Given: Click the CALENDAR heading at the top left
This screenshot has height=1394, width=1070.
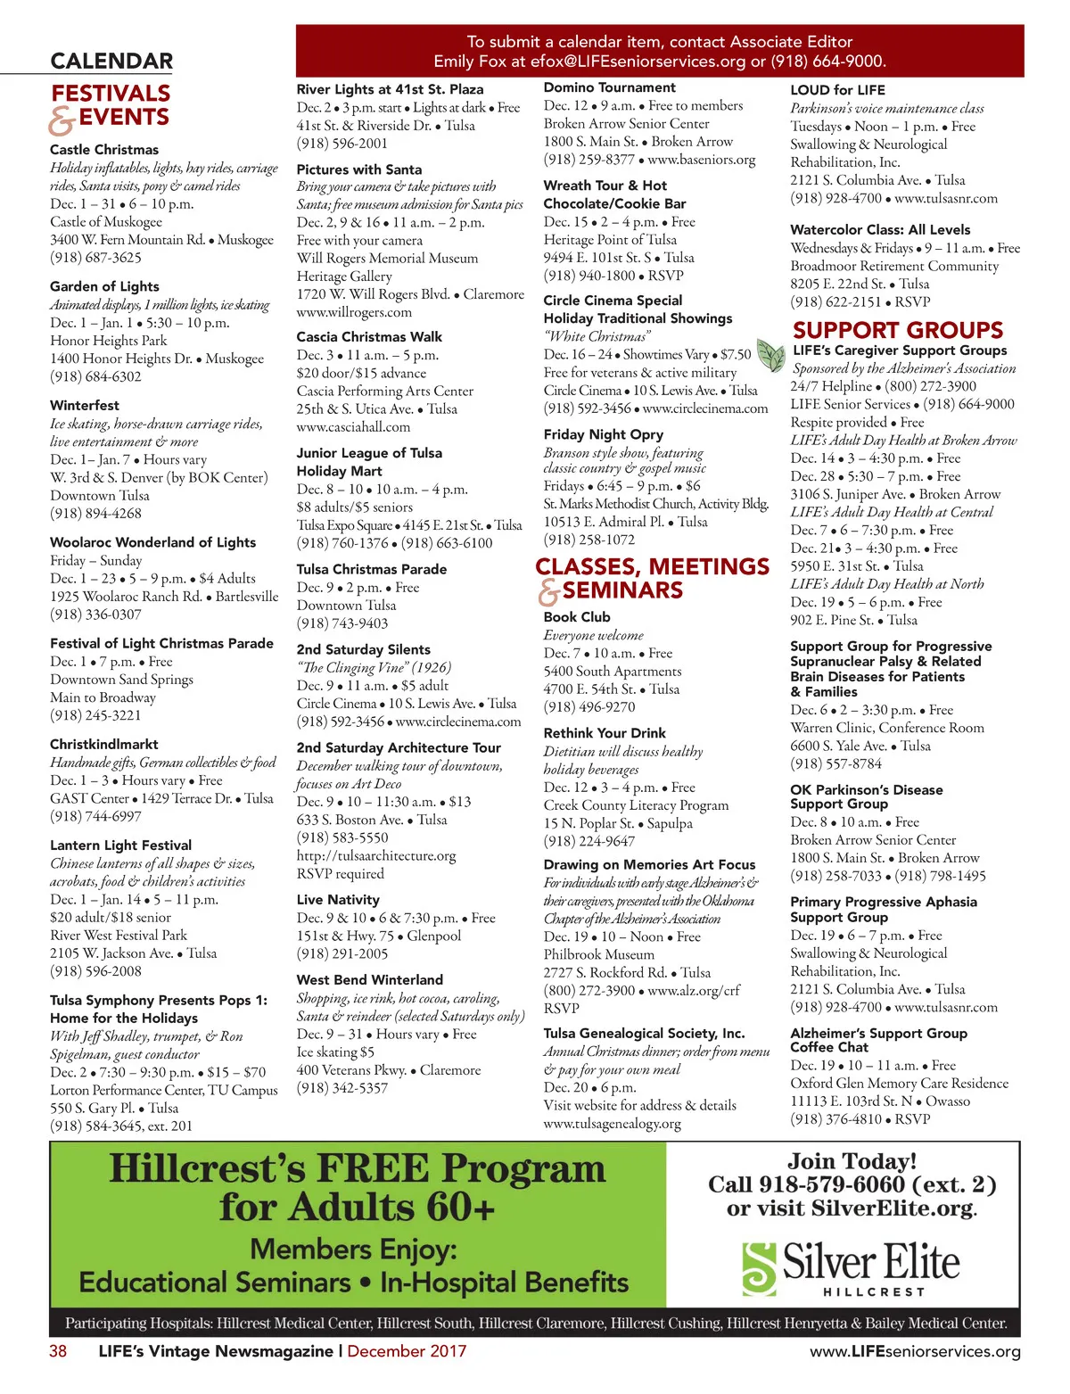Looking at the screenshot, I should pos(111,62).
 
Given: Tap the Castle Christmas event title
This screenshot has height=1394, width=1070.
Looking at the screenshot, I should pos(104,150).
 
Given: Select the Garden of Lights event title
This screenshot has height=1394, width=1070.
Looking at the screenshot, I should pos(104,286).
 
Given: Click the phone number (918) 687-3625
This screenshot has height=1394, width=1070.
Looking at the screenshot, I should pos(95,258).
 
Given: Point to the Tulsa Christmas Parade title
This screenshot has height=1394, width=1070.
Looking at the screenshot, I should pos(372,569).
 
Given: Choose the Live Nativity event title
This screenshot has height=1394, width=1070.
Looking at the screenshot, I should pos(338,900).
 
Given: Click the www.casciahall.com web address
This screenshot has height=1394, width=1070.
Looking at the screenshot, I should pos(354,427).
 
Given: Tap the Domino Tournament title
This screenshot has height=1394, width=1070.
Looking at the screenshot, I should pos(610,87).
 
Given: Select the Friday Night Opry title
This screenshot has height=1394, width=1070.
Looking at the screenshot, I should pos(604,434).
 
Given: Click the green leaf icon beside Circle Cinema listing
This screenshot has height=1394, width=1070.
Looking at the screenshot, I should pos(770,354).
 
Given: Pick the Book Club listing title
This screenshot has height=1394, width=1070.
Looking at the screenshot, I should pos(577,617).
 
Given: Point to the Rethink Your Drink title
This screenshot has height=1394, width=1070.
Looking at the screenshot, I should pos(605,733).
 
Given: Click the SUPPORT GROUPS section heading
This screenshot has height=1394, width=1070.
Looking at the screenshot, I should pos(898,330).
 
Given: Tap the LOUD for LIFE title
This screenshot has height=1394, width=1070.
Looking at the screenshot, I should pos(837,90).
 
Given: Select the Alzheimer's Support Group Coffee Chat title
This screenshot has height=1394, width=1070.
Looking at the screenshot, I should pos(878,1040).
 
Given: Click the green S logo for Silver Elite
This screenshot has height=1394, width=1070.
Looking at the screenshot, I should pos(760,1267).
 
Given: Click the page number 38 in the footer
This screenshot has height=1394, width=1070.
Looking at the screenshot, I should pos(58,1351).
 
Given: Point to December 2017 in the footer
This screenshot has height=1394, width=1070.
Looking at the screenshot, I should pos(407,1351).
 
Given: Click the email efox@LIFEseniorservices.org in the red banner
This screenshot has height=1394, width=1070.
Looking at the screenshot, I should pos(638,62).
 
